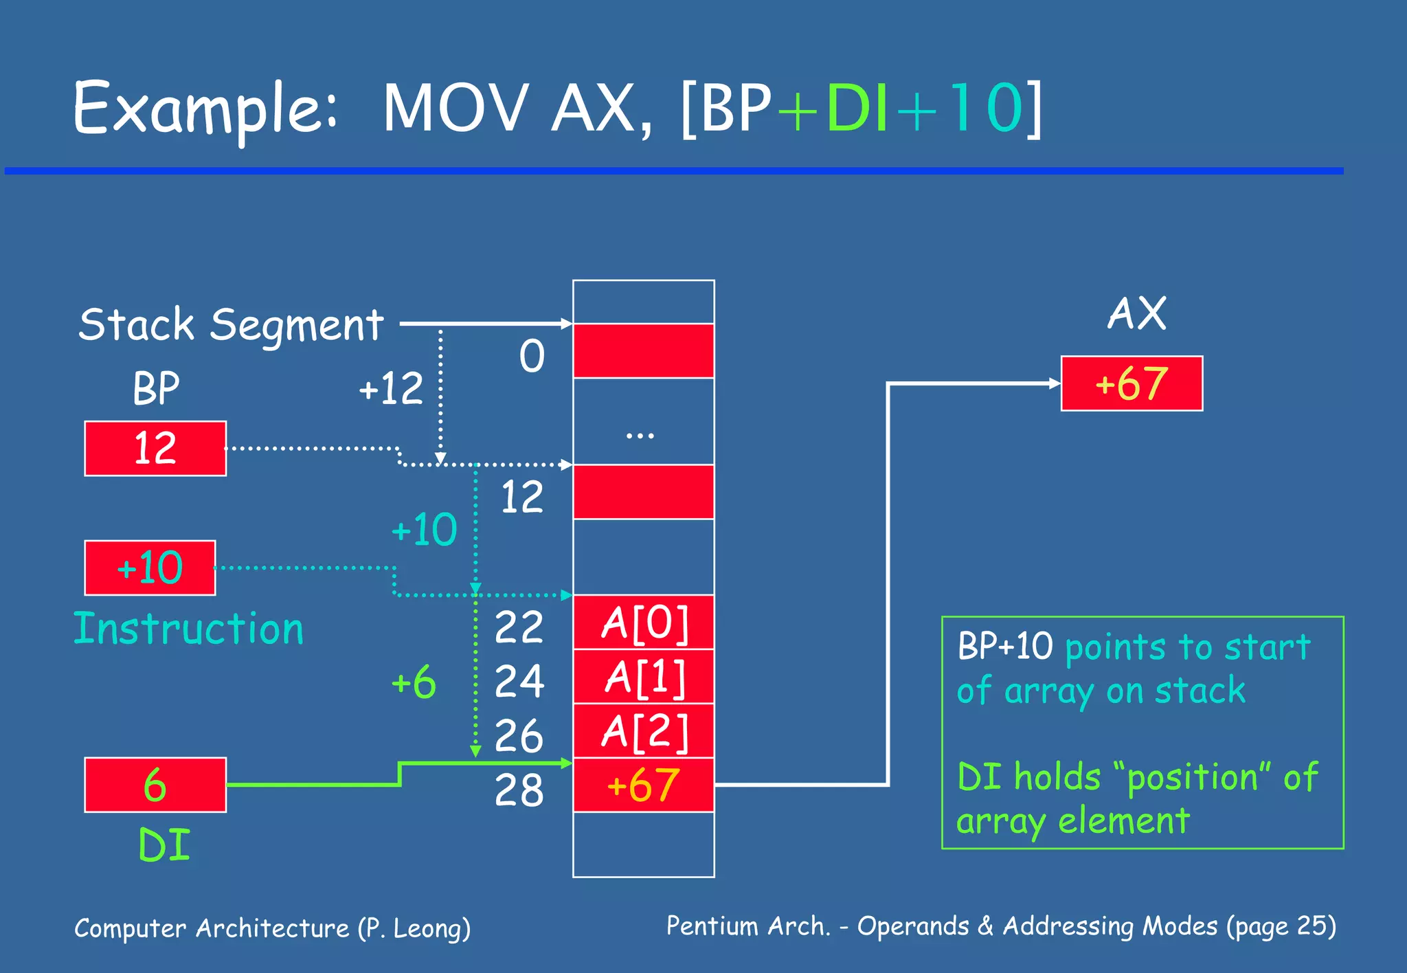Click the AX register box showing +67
pos(1132,383)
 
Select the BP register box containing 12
pos(155,448)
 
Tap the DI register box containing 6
pos(155,785)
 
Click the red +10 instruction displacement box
pos(150,568)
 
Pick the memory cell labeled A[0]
pos(644,623)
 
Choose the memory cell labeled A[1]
pos(644,677)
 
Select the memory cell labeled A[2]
pos(644,731)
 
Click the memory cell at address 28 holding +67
pos(644,785)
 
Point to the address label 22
pos(519,627)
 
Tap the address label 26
pos(519,736)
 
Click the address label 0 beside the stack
pos(532,356)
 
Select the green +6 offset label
pos(414,682)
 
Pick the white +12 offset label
pos(391,388)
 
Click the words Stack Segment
pos(231,324)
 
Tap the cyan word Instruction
pos(188,628)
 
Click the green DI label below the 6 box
pos(164,845)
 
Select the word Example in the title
pos(204,109)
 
